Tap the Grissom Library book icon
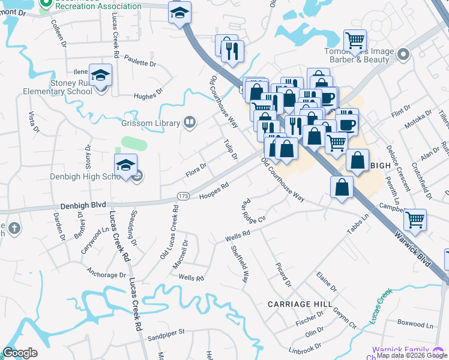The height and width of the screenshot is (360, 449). (x=190, y=123)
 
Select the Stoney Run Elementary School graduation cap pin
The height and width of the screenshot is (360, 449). (x=101, y=76)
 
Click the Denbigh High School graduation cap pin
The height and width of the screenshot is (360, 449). (x=126, y=166)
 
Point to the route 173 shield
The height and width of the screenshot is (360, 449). (x=184, y=196)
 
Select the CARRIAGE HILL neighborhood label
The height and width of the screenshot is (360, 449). (x=300, y=304)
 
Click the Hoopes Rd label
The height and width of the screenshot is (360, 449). (x=214, y=190)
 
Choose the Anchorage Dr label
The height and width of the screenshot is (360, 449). (x=106, y=275)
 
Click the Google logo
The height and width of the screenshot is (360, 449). (x=20, y=353)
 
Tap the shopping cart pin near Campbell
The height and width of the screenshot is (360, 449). (x=415, y=221)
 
